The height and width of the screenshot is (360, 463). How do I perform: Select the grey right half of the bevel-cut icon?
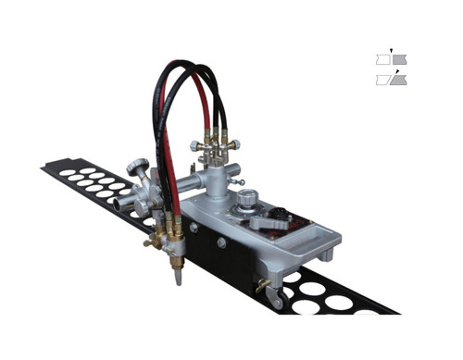pyautogui.click(x=398, y=81)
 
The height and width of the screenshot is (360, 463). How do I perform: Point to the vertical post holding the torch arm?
pyautogui.click(x=214, y=185)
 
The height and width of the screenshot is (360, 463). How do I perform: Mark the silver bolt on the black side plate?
pyautogui.click(x=220, y=242)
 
